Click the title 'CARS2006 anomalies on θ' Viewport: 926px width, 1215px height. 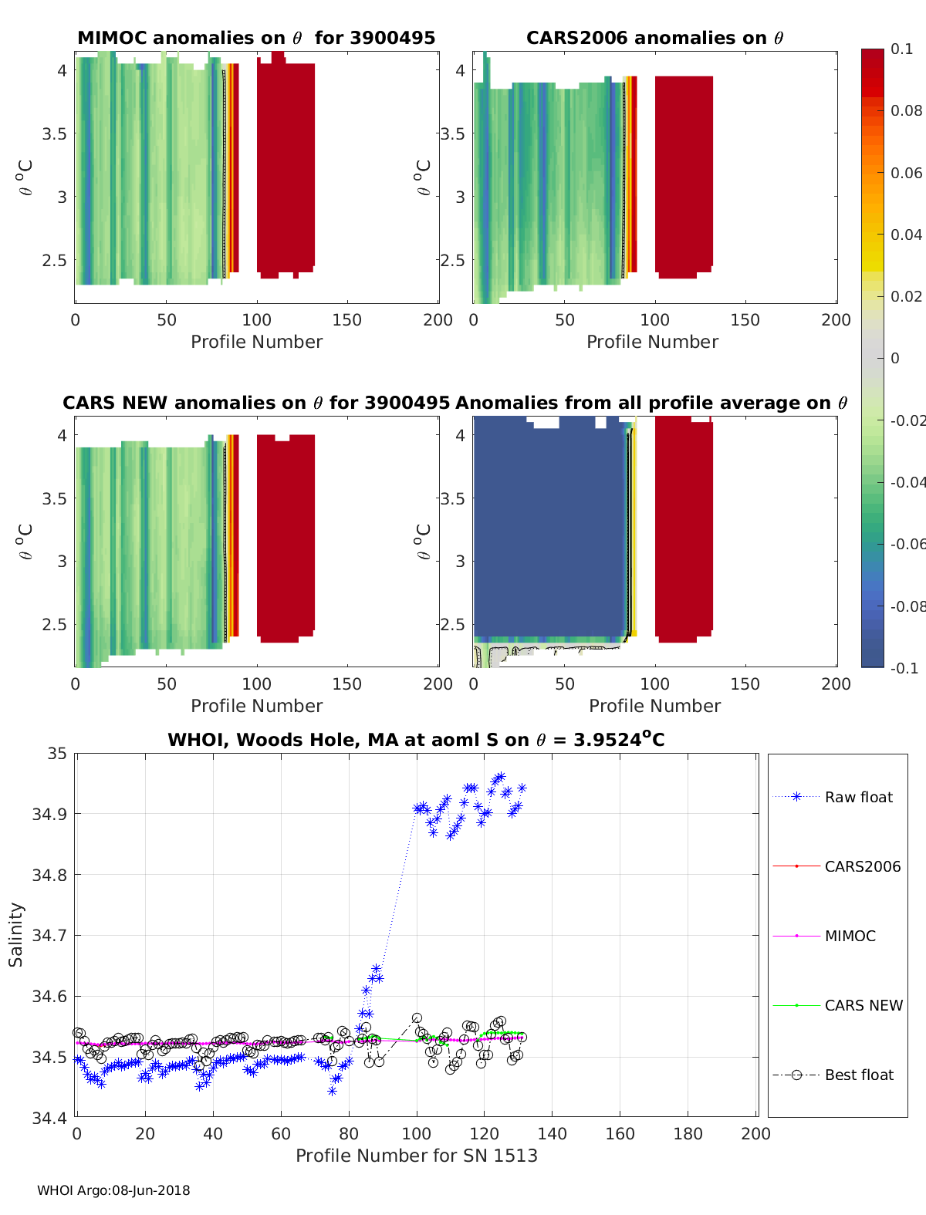tap(654, 39)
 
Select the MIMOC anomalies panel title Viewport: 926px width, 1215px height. tap(256, 39)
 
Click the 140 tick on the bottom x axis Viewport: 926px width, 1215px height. tap(553, 1134)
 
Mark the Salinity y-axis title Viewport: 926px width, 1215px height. tap(16, 935)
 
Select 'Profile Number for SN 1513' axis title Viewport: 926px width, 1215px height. tap(416, 1156)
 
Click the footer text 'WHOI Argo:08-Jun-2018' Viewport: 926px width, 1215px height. tap(113, 1191)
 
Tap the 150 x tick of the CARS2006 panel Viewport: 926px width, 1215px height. tap(745, 320)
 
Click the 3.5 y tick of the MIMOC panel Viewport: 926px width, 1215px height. tap(54, 134)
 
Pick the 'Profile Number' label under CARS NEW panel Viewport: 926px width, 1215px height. tap(256, 707)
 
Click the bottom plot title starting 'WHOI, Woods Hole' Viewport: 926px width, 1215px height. tap(416, 741)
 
